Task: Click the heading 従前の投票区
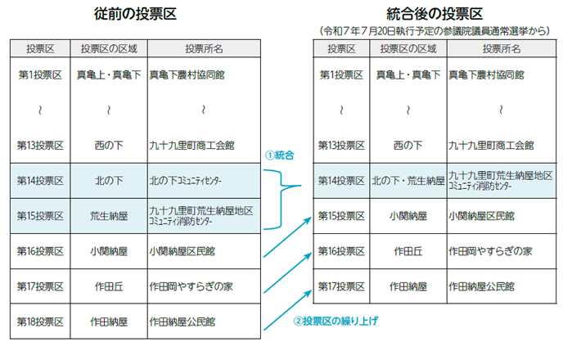[x=135, y=14]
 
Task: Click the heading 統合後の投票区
[x=435, y=14]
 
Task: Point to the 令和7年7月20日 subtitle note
[x=435, y=31]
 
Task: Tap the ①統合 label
[x=280, y=155]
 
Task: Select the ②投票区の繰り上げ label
[x=336, y=321]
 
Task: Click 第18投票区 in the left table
[x=40, y=322]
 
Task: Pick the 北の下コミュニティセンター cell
[x=185, y=181]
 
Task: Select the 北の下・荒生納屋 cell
[x=408, y=181]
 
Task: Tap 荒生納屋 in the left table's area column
[x=109, y=216]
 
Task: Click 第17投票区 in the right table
[x=341, y=286]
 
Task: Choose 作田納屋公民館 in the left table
[x=182, y=322]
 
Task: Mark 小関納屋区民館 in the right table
[x=481, y=216]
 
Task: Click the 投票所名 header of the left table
[x=204, y=49]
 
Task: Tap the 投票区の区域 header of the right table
[x=408, y=49]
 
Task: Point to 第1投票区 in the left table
[x=40, y=74]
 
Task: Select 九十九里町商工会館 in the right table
[x=491, y=146]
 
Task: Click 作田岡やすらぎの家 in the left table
[x=191, y=286]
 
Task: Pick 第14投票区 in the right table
[x=341, y=181]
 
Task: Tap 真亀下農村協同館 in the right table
[x=487, y=74]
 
